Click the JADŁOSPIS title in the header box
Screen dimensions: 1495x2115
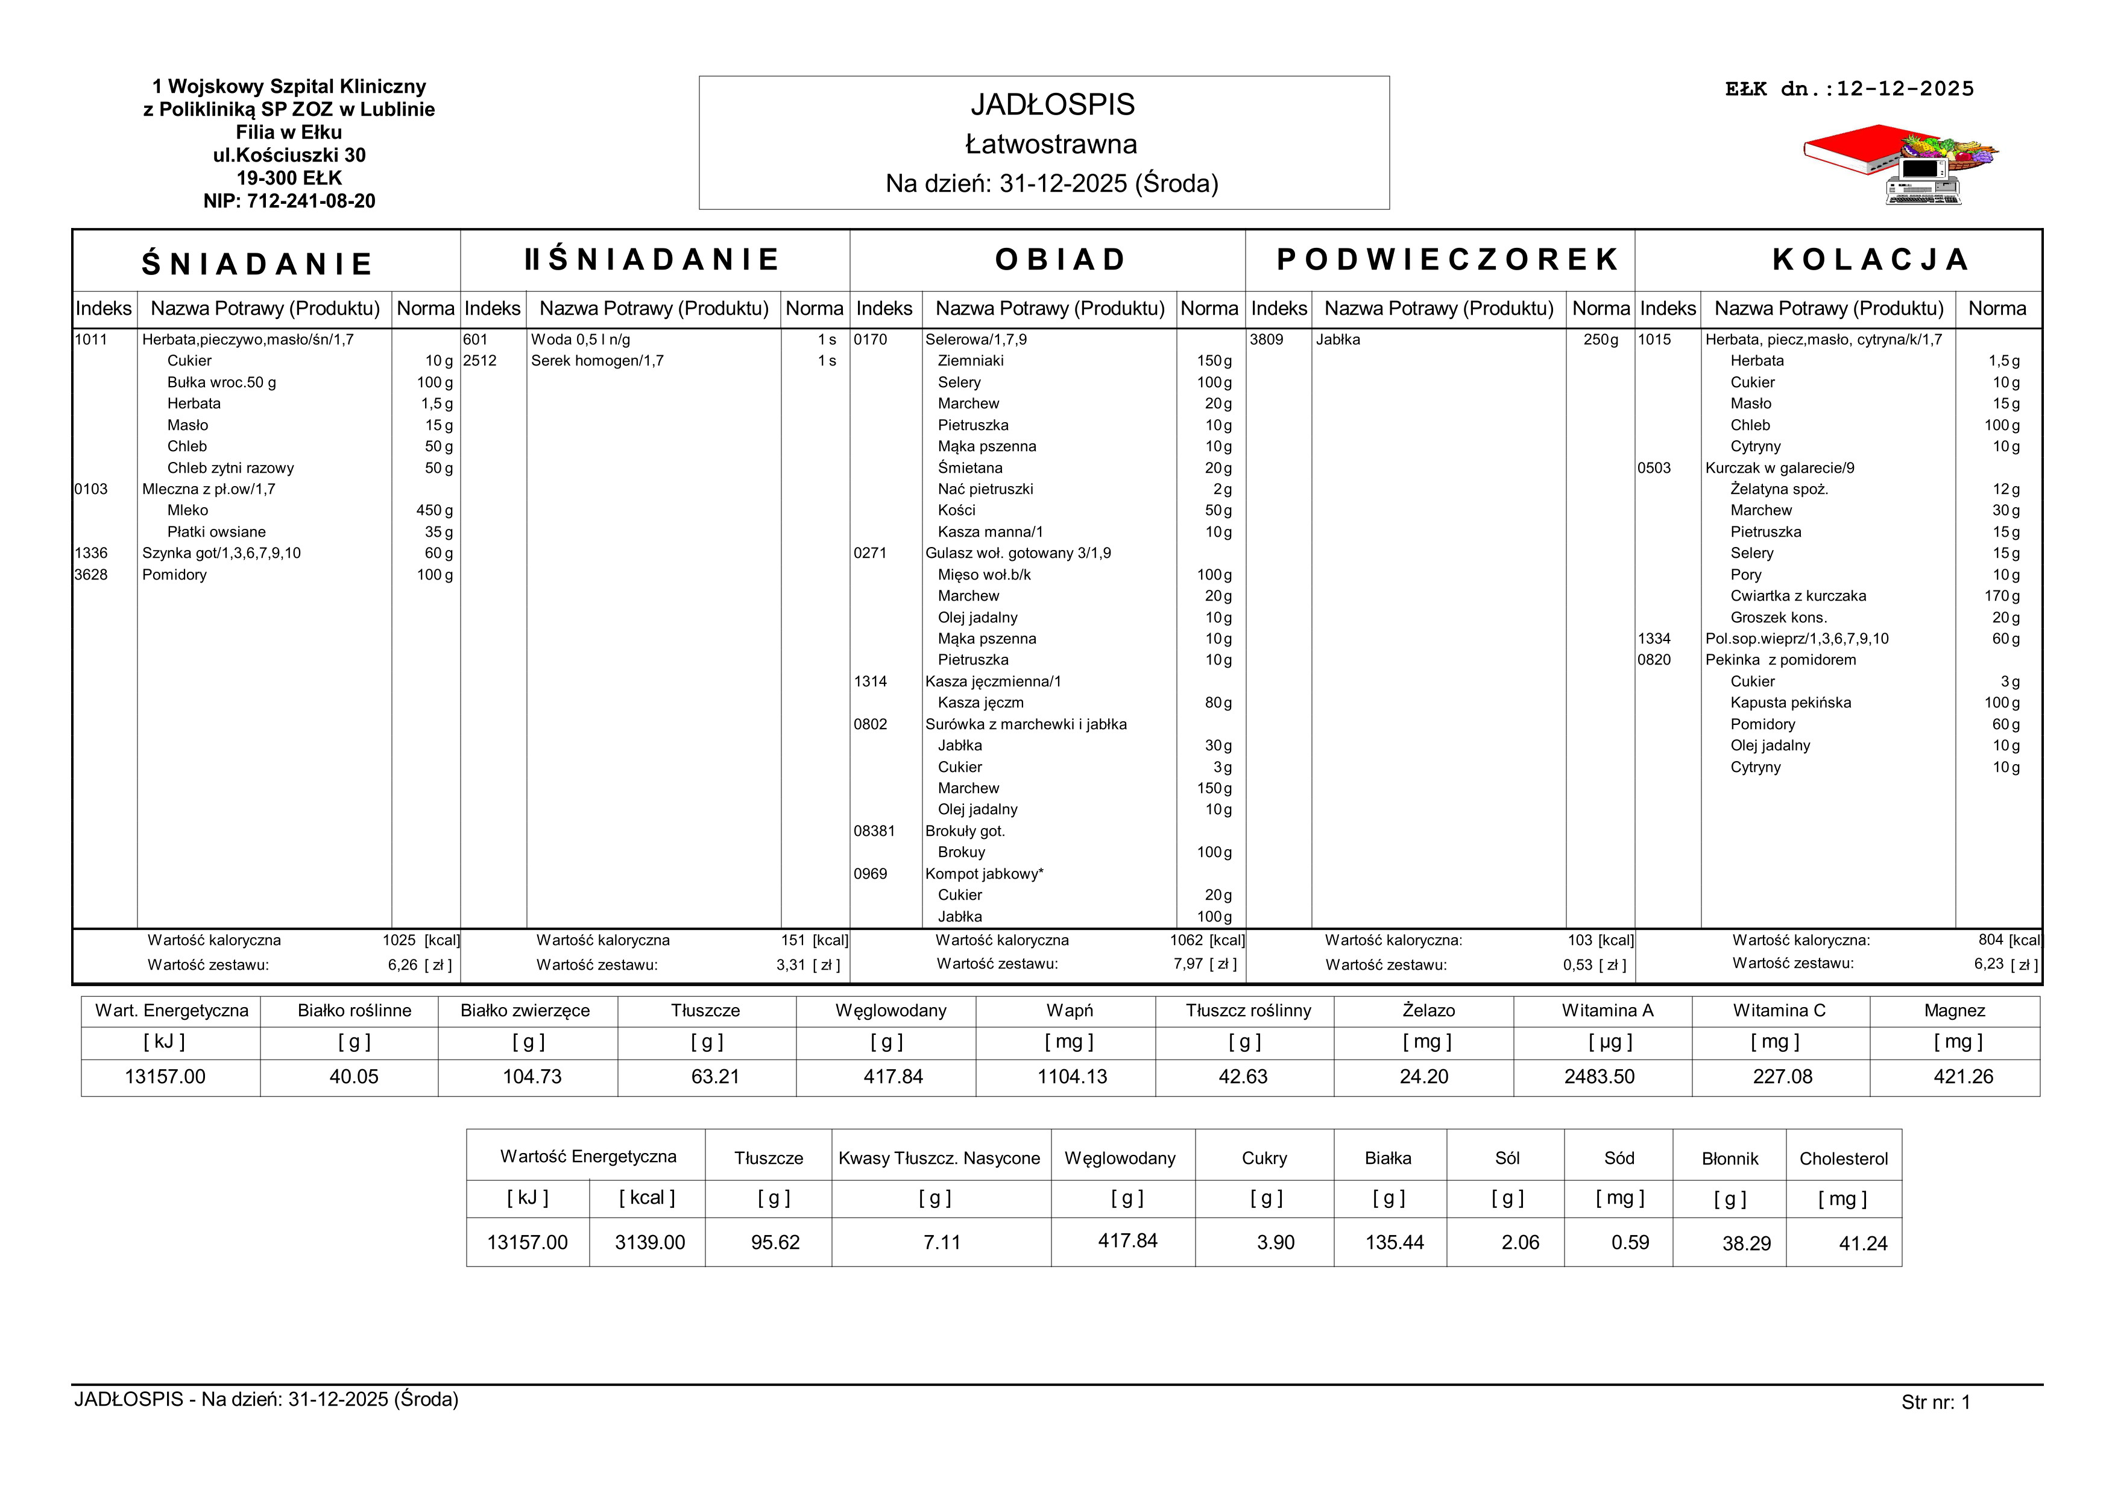pyautogui.click(x=1052, y=105)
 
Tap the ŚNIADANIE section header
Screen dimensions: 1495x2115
pyautogui.click(x=257, y=264)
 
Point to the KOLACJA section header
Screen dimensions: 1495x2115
pyautogui.click(x=1871, y=260)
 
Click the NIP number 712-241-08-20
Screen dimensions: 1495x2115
pyautogui.click(x=289, y=201)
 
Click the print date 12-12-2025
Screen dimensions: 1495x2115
pyautogui.click(x=1905, y=89)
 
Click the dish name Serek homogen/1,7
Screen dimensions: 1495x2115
pyautogui.click(x=597, y=361)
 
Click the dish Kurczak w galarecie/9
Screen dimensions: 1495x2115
pyautogui.click(x=1780, y=468)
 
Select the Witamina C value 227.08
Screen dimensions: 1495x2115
pyautogui.click(x=1782, y=1077)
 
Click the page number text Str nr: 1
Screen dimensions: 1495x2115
pyautogui.click(x=1935, y=1402)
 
